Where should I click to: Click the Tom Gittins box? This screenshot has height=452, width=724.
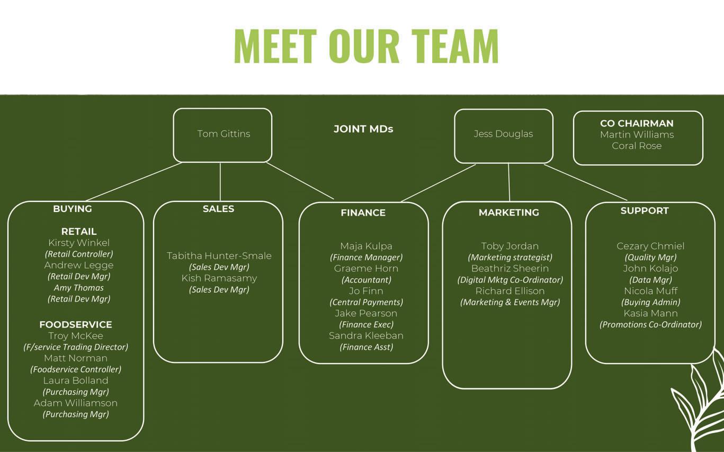click(223, 135)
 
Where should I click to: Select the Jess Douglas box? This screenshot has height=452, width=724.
click(503, 135)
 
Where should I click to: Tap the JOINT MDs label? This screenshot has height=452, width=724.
click(363, 129)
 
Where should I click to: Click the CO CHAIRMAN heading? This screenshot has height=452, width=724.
click(637, 123)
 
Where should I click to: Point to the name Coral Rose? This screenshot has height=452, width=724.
click(637, 146)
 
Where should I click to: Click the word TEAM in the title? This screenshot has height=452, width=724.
click(455, 47)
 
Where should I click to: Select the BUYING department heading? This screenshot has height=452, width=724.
click(73, 209)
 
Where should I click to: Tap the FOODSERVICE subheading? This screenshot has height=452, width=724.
click(76, 324)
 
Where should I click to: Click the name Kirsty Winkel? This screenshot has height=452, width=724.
click(79, 243)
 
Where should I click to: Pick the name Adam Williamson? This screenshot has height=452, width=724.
click(76, 403)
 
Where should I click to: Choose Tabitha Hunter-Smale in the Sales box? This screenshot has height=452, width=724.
click(219, 256)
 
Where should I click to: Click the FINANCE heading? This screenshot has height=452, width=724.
click(363, 212)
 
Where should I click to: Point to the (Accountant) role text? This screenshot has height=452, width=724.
click(366, 280)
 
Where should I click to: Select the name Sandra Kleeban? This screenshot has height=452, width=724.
click(366, 335)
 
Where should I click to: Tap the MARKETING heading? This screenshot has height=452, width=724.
click(508, 212)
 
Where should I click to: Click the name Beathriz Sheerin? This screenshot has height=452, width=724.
click(510, 268)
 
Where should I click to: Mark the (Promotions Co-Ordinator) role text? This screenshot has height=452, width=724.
click(650, 324)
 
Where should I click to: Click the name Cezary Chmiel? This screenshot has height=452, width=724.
click(650, 246)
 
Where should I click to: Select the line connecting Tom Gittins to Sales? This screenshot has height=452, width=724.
click(220, 182)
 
